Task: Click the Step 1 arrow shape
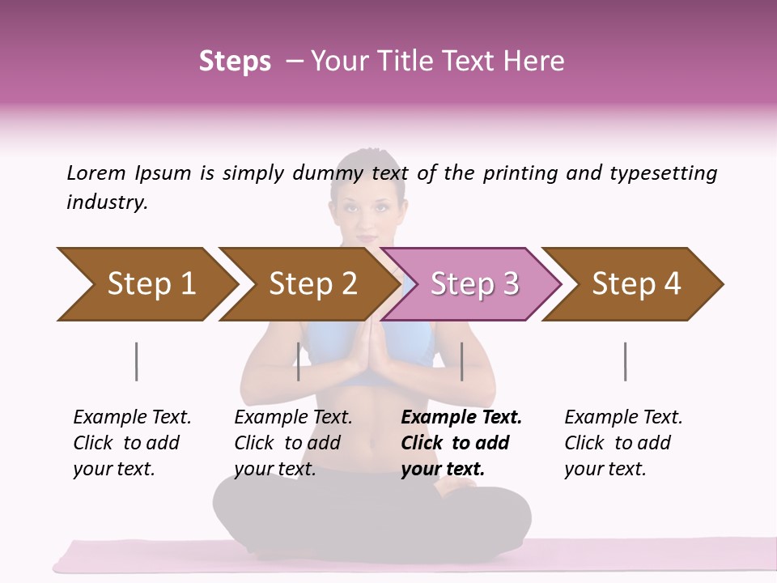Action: point(146,284)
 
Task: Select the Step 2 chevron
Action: point(308,284)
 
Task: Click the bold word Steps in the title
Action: point(235,62)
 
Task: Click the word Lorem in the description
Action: point(96,173)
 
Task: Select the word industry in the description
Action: point(107,202)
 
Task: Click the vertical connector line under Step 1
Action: point(136,361)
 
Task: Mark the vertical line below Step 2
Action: point(299,361)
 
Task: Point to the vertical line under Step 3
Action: point(461,361)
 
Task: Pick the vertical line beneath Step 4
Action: point(625,361)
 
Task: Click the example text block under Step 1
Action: point(132,443)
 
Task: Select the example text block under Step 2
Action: point(293,443)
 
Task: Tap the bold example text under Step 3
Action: point(460,443)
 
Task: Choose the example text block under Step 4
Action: point(622,443)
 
